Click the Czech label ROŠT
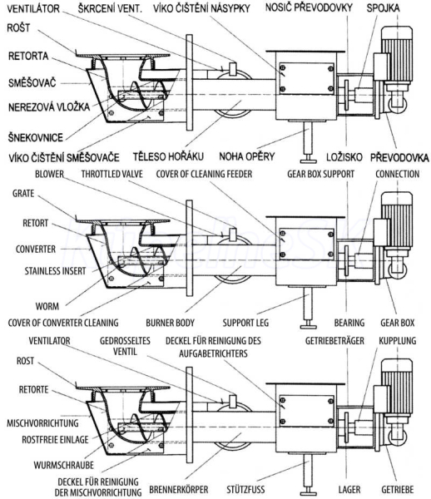click(x=18, y=28)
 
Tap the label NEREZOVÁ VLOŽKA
click(x=49, y=107)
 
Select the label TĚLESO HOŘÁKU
click(x=168, y=156)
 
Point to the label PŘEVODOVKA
click(x=399, y=157)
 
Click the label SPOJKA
click(x=383, y=8)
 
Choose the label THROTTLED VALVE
click(x=112, y=174)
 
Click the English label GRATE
click(x=23, y=194)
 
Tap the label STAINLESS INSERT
click(x=56, y=271)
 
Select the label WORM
click(x=47, y=306)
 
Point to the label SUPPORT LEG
click(x=245, y=323)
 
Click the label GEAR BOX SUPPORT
click(x=320, y=174)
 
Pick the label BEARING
click(x=349, y=323)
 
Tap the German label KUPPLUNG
click(x=397, y=340)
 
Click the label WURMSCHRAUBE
click(x=64, y=465)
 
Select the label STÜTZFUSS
click(x=245, y=489)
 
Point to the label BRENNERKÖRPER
click(x=179, y=489)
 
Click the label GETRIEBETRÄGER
click(x=334, y=340)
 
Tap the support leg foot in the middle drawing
click(x=308, y=326)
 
